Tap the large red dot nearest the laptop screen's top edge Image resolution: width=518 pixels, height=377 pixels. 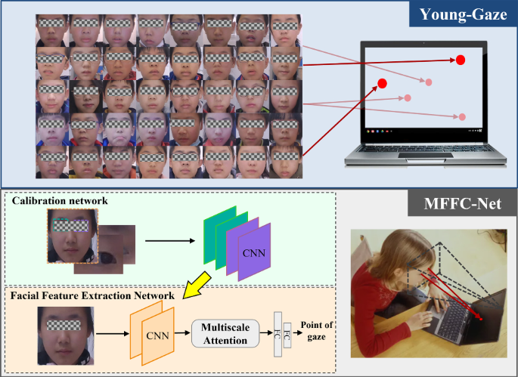pos(460,60)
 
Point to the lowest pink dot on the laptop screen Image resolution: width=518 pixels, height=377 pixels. pos(461,117)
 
